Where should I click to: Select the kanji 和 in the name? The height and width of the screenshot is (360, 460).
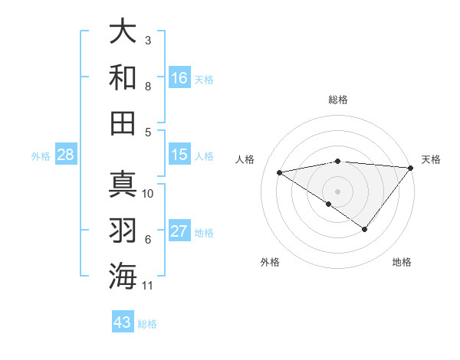click(123, 77)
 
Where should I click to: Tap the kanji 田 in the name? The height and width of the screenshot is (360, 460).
click(123, 123)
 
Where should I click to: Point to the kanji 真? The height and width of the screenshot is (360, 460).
click(123, 185)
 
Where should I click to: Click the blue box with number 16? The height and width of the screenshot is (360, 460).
click(179, 78)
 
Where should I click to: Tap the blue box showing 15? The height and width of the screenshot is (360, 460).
click(179, 155)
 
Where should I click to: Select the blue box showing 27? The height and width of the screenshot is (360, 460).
click(179, 231)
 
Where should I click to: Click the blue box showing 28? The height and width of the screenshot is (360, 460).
click(66, 155)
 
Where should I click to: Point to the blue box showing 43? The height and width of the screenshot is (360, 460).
click(123, 322)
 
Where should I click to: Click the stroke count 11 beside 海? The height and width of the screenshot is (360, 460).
click(148, 286)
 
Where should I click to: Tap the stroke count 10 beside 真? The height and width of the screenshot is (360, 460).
click(148, 194)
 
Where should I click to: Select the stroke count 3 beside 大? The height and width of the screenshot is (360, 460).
click(148, 40)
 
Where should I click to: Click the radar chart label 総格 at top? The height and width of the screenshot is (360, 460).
click(337, 100)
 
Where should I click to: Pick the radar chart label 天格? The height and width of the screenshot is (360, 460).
click(431, 159)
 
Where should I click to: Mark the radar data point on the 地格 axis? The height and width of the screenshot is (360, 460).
click(365, 229)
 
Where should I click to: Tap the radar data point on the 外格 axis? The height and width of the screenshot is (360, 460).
click(329, 204)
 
